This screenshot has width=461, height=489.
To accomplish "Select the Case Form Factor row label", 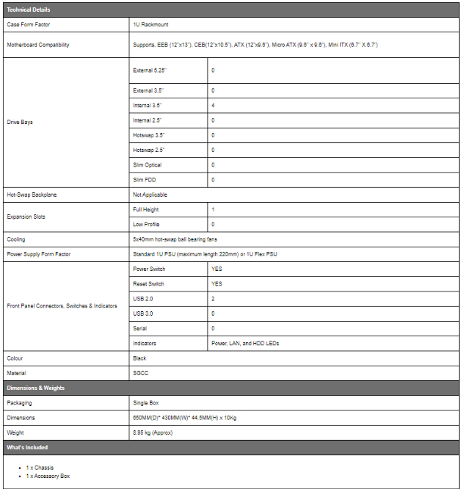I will point(28,24).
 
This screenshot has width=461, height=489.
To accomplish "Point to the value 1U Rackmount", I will point(150,24).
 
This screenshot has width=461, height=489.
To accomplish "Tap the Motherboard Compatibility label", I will point(38,45).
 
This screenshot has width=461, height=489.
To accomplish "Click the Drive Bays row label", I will point(20,122).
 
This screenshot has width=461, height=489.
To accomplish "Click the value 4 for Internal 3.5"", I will point(213,105).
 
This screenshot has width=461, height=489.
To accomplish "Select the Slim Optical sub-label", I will point(147,165).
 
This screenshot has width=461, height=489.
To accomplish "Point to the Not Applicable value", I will point(150,195).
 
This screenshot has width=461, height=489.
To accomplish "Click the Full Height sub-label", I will point(146,209).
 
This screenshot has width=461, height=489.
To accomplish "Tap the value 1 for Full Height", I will point(213,209).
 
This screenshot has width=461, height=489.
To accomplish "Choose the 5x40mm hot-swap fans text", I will point(175,239).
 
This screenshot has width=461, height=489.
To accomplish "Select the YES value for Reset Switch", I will point(217,284).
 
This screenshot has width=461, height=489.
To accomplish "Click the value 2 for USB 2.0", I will point(213,299).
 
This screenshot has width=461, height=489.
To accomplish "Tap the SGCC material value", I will point(141,373).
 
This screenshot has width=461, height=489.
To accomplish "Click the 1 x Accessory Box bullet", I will point(48,476).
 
